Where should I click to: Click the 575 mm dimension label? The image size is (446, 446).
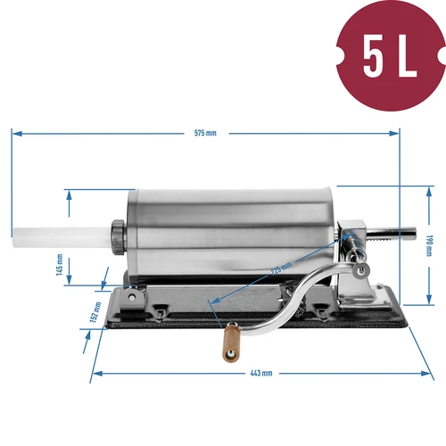pos(206,133)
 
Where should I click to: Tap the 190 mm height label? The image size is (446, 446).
pos(429,244)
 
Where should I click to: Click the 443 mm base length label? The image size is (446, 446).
pos(260,373)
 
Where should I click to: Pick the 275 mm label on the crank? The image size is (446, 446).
pos(282,268)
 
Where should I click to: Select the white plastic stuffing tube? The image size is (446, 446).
pos(63,237)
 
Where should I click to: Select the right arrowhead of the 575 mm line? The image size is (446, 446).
pos(397,133)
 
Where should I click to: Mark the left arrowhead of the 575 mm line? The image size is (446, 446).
pos(15,133)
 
